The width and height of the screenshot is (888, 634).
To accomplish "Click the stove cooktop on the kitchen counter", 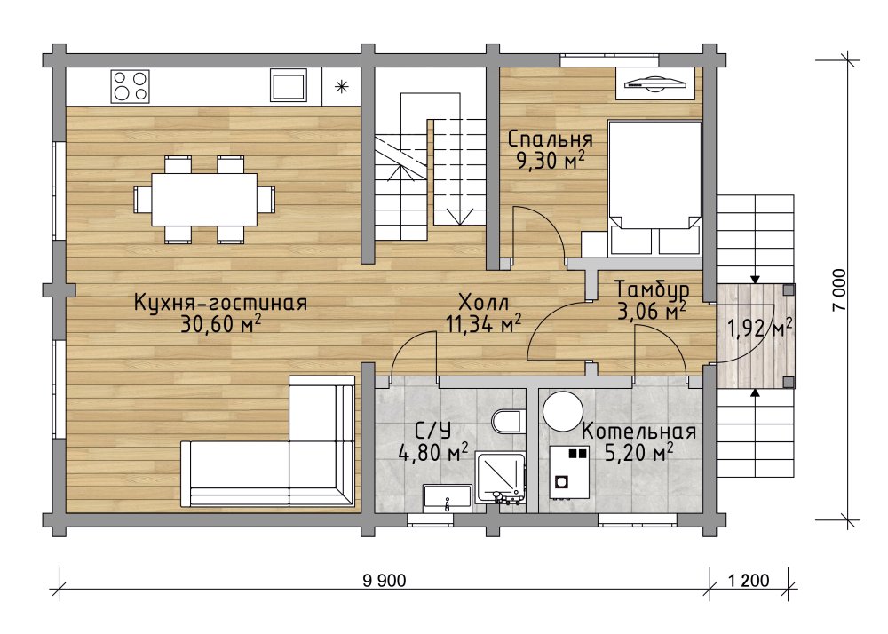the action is pos(131,86).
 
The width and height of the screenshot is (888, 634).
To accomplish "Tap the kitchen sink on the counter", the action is pos(289,85).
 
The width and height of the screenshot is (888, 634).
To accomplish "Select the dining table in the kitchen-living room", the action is pos(204,200).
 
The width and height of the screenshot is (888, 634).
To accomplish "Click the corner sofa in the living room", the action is pos(268,441).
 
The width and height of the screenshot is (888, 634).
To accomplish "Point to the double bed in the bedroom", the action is pos(654,186).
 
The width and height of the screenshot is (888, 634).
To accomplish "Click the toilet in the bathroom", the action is pos(507,422).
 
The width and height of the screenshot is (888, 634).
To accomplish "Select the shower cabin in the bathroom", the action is pos(501,477).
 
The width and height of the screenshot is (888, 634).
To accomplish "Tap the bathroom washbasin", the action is pos(448,498).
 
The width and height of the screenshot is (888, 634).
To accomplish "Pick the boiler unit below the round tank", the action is pos(570,472).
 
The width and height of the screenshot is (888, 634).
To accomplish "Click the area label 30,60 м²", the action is pos(221,324).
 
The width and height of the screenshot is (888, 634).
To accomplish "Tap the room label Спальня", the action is pos(551,139).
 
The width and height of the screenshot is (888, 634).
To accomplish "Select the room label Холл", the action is pos(484,301).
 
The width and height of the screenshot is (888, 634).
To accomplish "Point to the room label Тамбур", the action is pos(652,289).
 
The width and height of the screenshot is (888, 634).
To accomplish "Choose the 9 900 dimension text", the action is pos(385,580).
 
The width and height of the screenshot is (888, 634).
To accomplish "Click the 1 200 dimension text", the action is pos(749,580).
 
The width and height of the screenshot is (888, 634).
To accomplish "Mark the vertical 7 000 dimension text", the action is pos(839,289).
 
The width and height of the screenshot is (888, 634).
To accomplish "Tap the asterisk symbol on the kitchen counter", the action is pos(341,86).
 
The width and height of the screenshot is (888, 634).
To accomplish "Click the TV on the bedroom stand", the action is pos(655,83).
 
